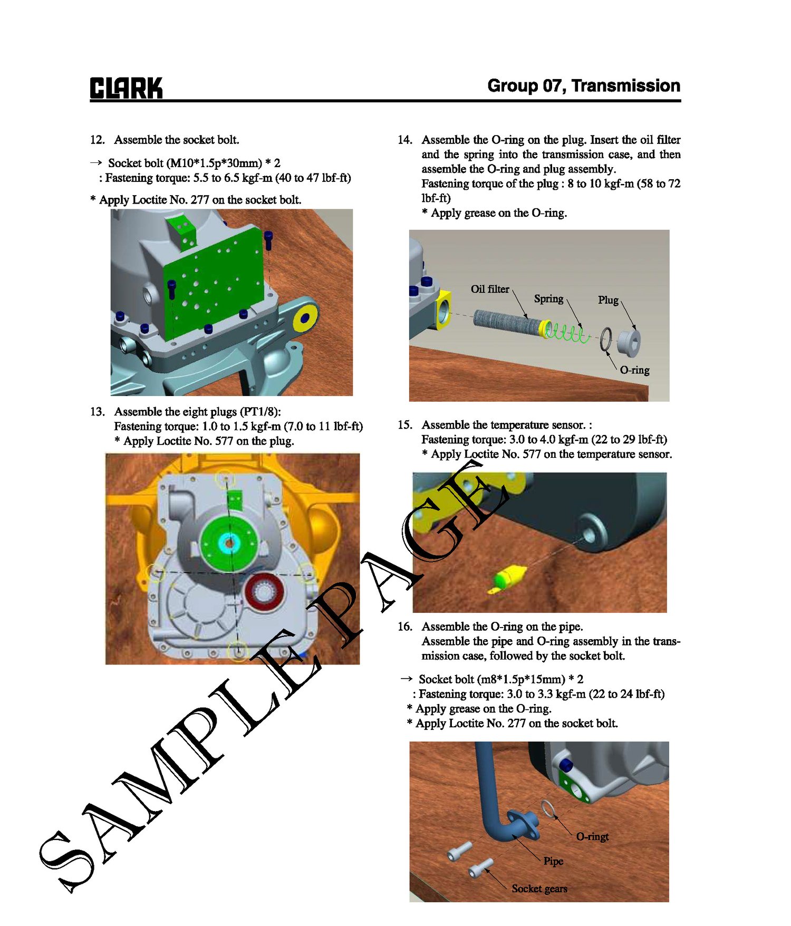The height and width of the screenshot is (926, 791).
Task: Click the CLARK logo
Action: click(126, 88)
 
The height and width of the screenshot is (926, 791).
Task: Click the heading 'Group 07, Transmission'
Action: click(584, 85)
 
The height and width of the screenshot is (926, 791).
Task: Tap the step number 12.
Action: click(98, 140)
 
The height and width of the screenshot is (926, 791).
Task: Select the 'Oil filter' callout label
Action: click(490, 289)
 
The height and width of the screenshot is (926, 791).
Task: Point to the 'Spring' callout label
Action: click(548, 299)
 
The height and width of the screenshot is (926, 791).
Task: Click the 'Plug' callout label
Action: click(608, 300)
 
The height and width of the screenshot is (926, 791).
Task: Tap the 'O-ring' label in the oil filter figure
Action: click(634, 370)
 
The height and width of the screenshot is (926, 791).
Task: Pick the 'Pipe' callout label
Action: click(553, 861)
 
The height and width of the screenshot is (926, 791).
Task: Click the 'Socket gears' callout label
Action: click(539, 889)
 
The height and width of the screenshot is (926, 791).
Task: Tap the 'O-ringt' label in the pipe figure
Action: click(592, 836)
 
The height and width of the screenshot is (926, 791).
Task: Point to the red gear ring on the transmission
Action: click(265, 593)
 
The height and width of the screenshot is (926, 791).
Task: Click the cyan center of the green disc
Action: click(229, 542)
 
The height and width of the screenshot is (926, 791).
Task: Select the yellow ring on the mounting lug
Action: click(305, 317)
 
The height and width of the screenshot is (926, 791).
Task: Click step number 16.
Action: click(404, 626)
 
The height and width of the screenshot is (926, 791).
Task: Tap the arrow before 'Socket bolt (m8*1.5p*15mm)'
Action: click(406, 679)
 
